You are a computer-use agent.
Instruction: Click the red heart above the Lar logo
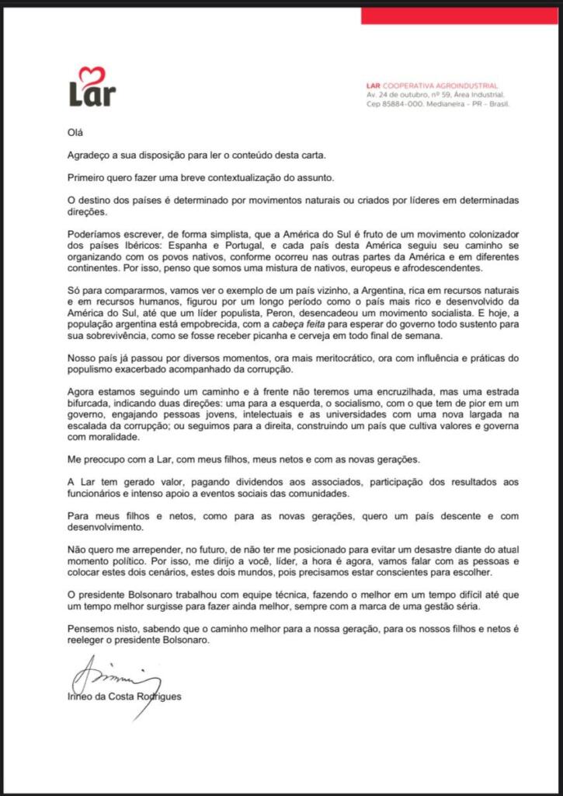point(92,74)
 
